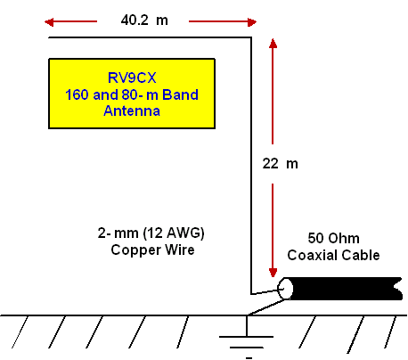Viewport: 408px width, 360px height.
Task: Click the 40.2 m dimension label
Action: (x=144, y=20)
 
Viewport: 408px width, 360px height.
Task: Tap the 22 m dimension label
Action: (x=280, y=164)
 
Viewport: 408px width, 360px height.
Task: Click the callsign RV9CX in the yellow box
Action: (x=132, y=78)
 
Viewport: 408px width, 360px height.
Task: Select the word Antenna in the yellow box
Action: (x=132, y=110)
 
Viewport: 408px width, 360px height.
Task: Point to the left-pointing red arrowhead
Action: (x=49, y=21)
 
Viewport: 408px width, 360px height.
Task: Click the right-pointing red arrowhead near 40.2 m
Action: (x=252, y=21)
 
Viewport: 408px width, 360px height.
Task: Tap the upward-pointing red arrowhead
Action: (x=273, y=44)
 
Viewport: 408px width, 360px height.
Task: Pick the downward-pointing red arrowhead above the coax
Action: (x=273, y=273)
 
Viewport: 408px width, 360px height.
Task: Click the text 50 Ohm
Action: (x=333, y=238)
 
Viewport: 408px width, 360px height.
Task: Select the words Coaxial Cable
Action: (x=333, y=255)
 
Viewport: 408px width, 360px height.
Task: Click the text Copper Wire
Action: (x=152, y=250)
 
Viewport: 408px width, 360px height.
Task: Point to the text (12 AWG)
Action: (x=174, y=233)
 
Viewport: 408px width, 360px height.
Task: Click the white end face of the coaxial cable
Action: (x=285, y=289)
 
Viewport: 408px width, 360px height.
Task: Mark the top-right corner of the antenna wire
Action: (x=251, y=37)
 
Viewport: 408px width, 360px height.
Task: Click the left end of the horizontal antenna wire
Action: (x=49, y=37)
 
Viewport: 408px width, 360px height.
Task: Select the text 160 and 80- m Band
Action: (x=132, y=94)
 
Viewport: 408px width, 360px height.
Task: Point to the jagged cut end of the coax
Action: (x=398, y=289)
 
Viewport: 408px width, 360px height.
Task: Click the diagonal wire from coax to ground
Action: (x=266, y=307)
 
